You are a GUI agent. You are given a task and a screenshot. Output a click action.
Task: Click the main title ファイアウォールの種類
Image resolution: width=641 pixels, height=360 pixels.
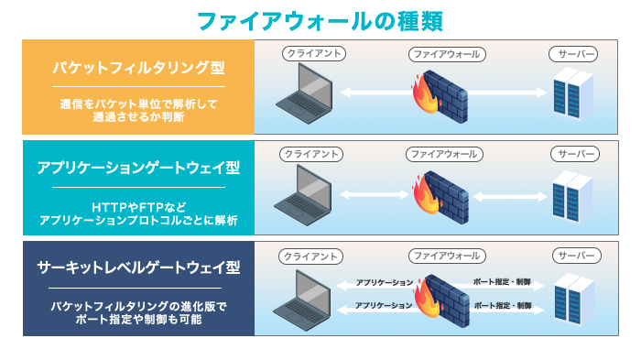tap(320, 20)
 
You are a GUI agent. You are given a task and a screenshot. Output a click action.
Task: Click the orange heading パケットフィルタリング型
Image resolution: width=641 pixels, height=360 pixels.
tap(138, 68)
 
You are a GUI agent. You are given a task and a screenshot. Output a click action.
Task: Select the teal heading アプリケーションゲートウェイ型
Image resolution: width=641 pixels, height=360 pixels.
tap(138, 168)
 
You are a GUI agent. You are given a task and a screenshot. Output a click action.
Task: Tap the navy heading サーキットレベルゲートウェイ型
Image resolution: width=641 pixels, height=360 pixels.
tap(138, 267)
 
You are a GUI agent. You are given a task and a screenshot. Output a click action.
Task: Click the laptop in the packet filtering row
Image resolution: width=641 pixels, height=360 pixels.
tap(306, 94)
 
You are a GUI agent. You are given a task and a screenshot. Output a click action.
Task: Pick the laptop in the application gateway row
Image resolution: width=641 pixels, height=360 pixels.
tap(306, 195)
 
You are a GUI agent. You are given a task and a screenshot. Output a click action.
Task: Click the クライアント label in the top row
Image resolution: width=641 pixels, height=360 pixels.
tap(313, 53)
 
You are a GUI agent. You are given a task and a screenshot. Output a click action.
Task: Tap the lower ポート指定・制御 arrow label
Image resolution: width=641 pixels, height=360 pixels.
tap(502, 306)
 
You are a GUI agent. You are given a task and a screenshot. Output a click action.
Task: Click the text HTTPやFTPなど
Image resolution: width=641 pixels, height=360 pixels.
tap(138, 207)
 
